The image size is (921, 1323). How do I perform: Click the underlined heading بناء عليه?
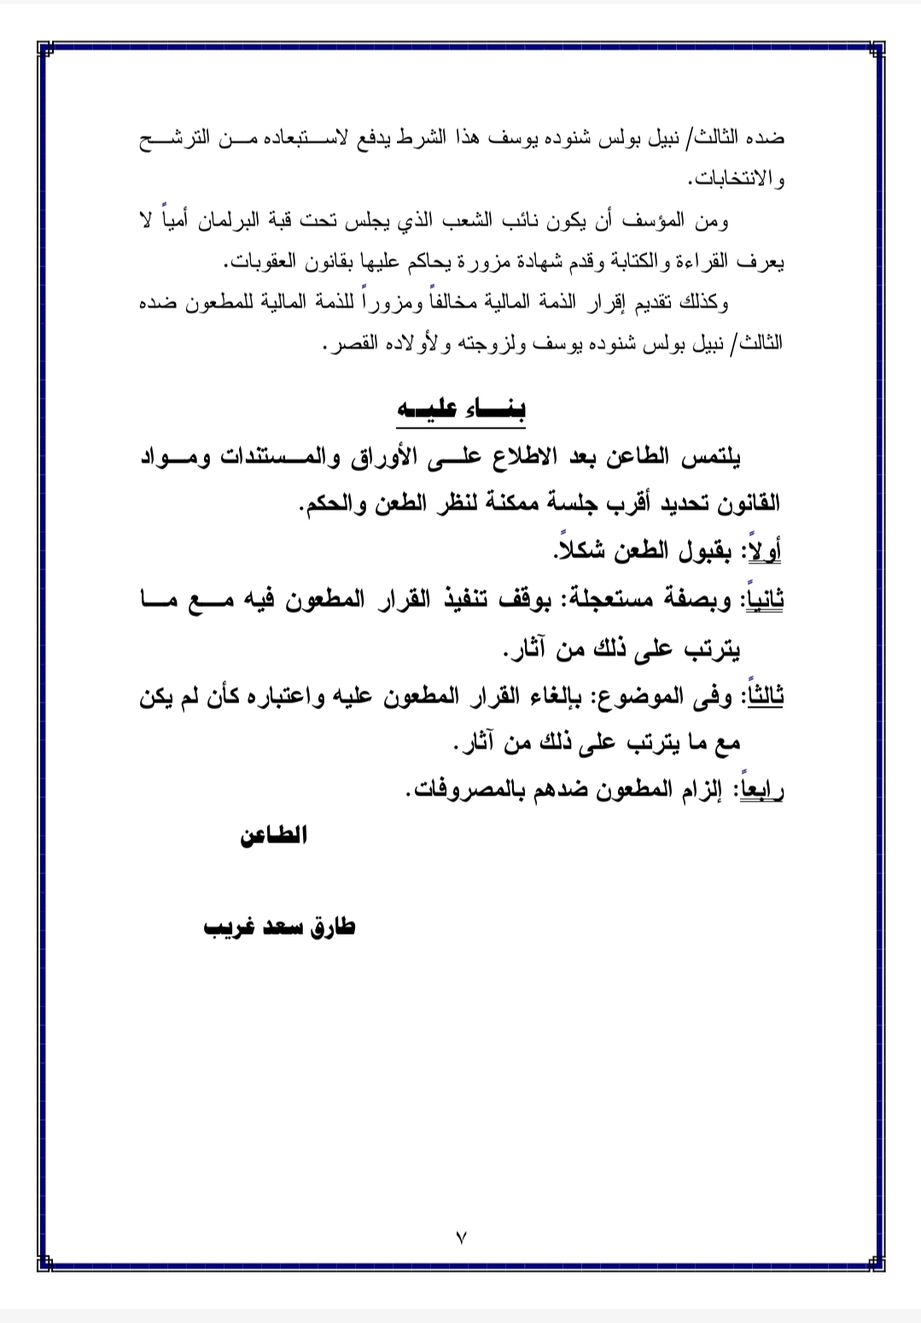(462, 408)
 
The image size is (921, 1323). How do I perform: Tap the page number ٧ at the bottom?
(462, 1236)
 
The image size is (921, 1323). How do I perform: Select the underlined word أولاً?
(763, 551)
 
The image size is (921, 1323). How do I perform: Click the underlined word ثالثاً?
(765, 697)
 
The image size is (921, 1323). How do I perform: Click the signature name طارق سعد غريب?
(278, 927)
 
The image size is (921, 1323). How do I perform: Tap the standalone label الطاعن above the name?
(273, 836)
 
